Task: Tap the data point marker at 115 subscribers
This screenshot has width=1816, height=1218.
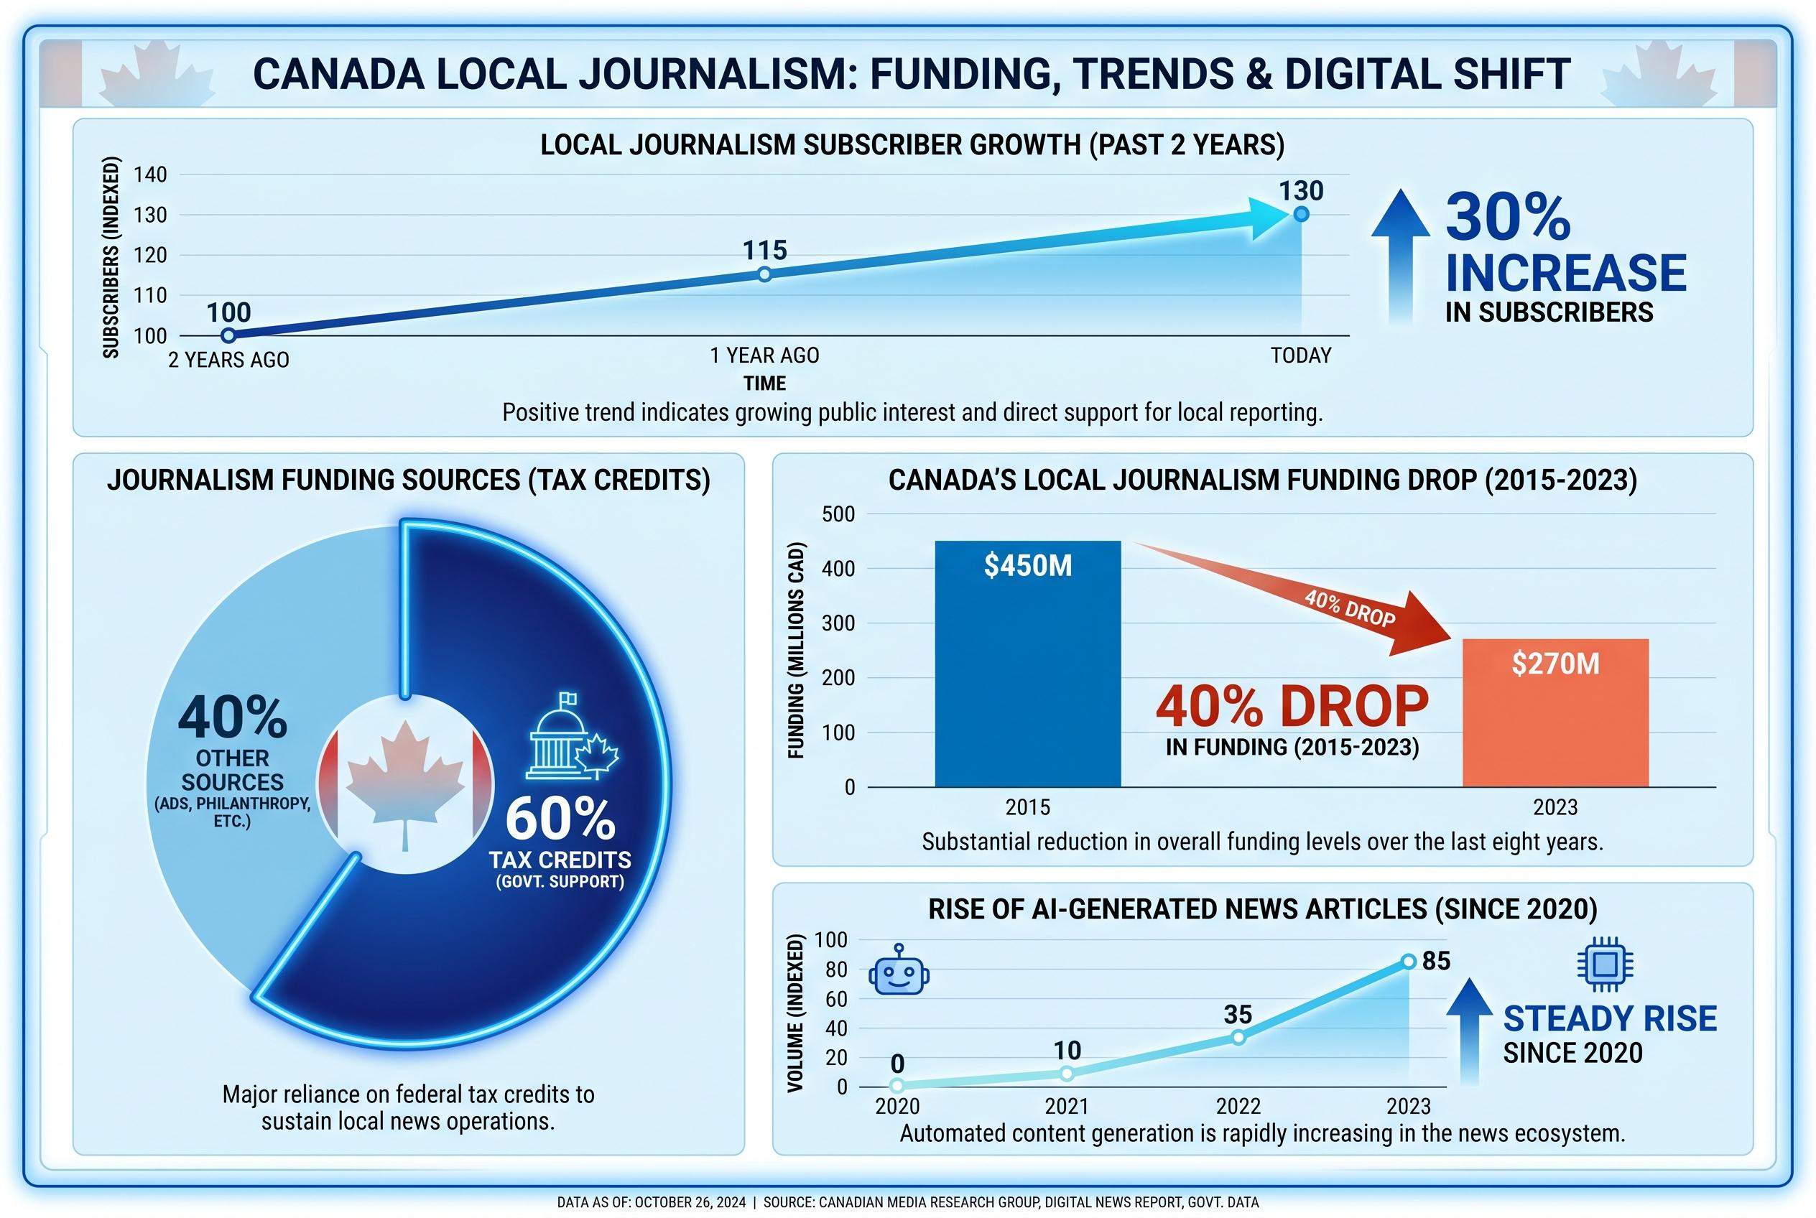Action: click(x=764, y=274)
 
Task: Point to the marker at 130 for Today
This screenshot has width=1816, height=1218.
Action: click(x=1301, y=213)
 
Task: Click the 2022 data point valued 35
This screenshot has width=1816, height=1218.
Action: click(x=1238, y=1037)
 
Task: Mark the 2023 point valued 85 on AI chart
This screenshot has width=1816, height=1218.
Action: click(x=1409, y=962)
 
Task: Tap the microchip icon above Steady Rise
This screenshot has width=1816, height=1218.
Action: click(x=1605, y=964)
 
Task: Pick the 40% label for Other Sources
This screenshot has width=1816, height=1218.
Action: click(x=232, y=717)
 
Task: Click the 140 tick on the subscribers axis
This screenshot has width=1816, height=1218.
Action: click(x=150, y=175)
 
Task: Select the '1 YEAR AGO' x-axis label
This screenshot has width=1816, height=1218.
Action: click(x=764, y=355)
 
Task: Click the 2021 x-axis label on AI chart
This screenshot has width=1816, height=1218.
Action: click(x=1066, y=1106)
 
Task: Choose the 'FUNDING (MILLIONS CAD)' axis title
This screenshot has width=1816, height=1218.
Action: click(x=796, y=649)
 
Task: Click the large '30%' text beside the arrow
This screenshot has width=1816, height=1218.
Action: click(x=1508, y=218)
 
